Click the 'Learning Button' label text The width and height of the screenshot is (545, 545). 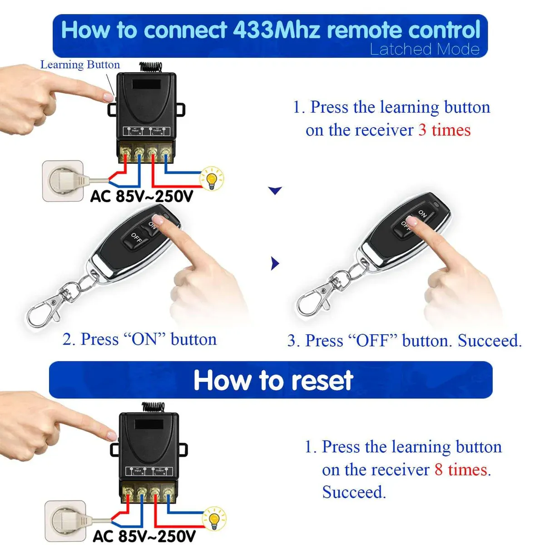click(x=80, y=65)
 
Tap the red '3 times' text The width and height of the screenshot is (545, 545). click(x=444, y=130)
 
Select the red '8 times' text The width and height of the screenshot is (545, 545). click(x=461, y=470)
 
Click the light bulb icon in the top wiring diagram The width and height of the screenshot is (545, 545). click(x=212, y=178)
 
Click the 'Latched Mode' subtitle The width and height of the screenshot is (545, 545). click(x=424, y=49)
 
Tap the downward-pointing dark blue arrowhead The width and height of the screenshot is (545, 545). click(x=275, y=190)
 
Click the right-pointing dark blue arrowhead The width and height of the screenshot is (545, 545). click(x=275, y=263)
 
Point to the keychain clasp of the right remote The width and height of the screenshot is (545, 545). click(x=313, y=300)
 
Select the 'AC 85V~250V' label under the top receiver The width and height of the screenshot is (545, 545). click(x=142, y=197)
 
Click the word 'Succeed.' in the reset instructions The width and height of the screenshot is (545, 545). click(x=354, y=492)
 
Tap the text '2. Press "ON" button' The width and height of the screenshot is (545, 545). click(x=139, y=339)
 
